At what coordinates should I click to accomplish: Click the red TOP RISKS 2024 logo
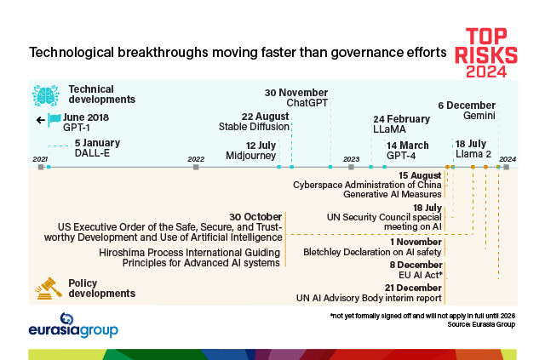(x=490, y=52)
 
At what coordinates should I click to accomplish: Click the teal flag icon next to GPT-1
(x=54, y=120)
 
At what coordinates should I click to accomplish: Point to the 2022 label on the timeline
(x=196, y=159)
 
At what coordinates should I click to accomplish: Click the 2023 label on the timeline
(x=351, y=159)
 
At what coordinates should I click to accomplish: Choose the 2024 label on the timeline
(x=508, y=159)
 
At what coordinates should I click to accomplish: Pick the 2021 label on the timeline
(x=40, y=159)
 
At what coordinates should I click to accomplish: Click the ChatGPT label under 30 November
(x=307, y=103)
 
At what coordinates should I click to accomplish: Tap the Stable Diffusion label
(x=254, y=128)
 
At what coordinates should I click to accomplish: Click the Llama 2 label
(x=473, y=155)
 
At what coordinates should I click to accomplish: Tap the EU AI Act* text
(x=418, y=276)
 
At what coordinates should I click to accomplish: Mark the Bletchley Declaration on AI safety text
(x=372, y=252)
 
